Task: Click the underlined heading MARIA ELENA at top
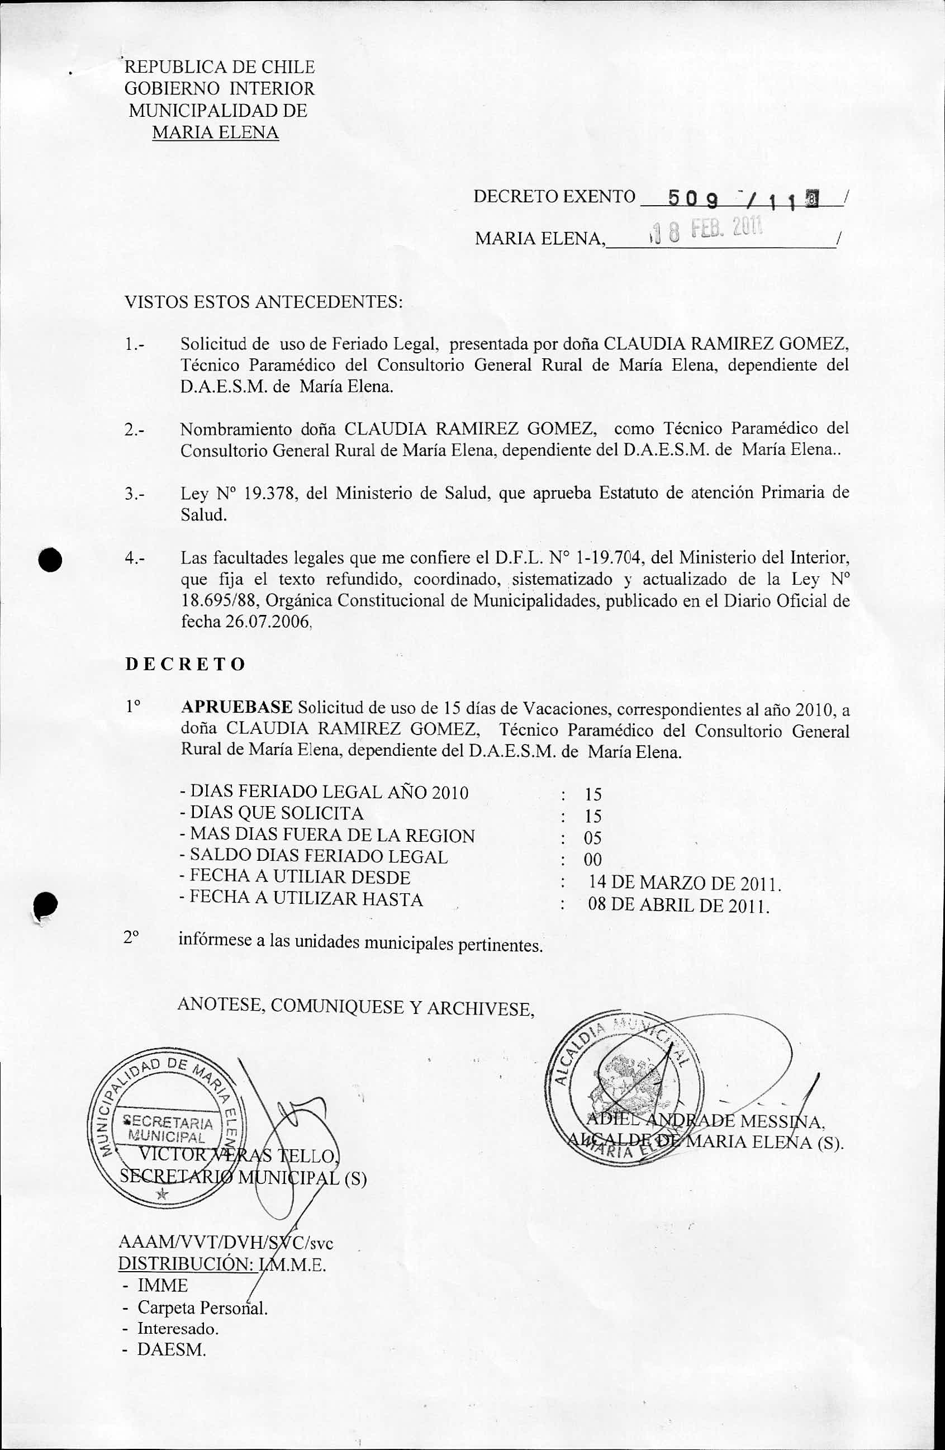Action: coord(215,133)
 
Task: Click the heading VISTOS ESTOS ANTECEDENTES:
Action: coord(263,302)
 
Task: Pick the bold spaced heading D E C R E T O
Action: coord(185,664)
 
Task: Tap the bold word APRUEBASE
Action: coord(238,707)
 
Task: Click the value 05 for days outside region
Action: coord(593,838)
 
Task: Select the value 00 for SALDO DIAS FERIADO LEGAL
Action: coord(593,860)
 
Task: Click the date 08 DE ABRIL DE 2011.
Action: coord(679,905)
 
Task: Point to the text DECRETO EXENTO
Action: coord(554,196)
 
